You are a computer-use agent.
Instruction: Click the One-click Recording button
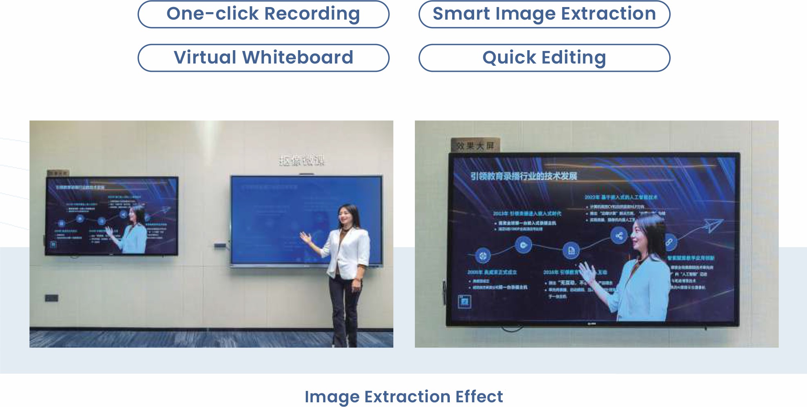point(263,15)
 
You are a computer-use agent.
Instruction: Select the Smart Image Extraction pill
point(544,15)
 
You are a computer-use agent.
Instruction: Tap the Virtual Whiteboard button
point(263,58)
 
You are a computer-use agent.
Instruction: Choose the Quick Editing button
point(544,58)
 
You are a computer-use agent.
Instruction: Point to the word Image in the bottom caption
point(332,397)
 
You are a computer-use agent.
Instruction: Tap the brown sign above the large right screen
point(475,145)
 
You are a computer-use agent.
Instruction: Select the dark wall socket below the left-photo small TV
point(51,298)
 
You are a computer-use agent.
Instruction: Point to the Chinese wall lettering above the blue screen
point(301,161)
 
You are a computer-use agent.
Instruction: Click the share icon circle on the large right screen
point(619,236)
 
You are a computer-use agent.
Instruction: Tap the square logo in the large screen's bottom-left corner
point(464,302)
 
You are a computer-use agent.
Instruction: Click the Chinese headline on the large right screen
point(524,176)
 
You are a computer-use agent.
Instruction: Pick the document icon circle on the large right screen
point(571,251)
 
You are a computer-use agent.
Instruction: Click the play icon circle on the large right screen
point(523,245)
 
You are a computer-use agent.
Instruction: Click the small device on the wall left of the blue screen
point(220,246)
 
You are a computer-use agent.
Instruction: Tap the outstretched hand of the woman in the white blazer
point(305,237)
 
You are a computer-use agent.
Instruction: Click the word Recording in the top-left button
point(312,14)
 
